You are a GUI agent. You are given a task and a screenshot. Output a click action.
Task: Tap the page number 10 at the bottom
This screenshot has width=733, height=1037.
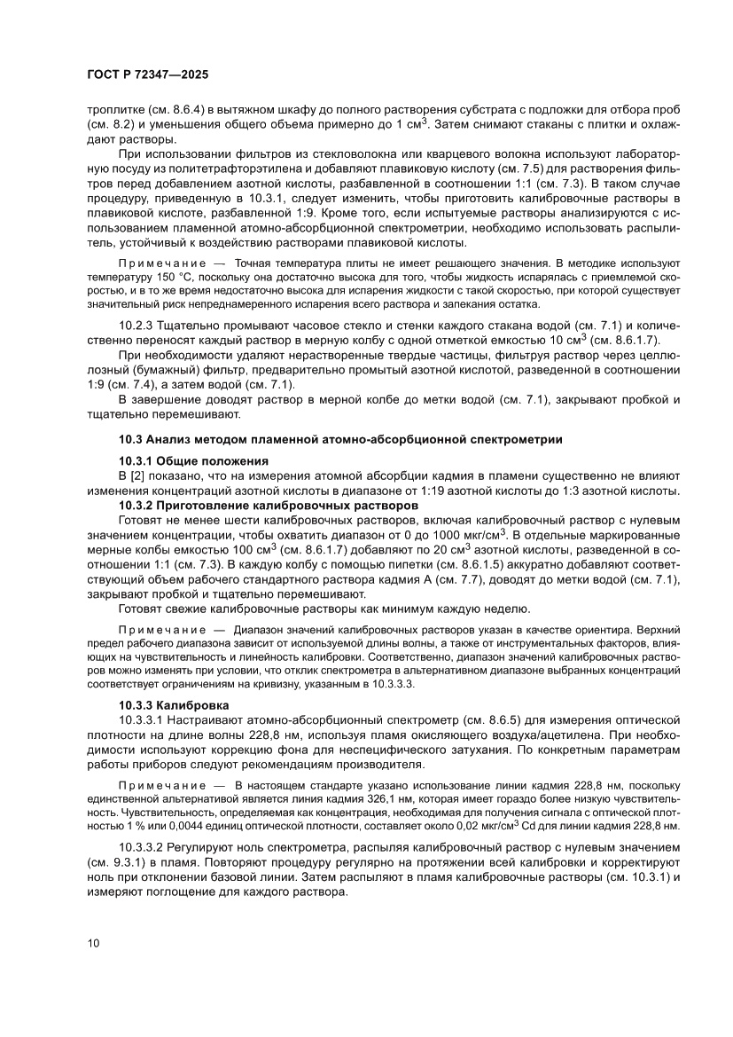coord(95,942)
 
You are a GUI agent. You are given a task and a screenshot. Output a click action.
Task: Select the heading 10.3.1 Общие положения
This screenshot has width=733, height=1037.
coord(192,460)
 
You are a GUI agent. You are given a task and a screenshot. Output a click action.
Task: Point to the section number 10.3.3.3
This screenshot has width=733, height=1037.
coord(406,685)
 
